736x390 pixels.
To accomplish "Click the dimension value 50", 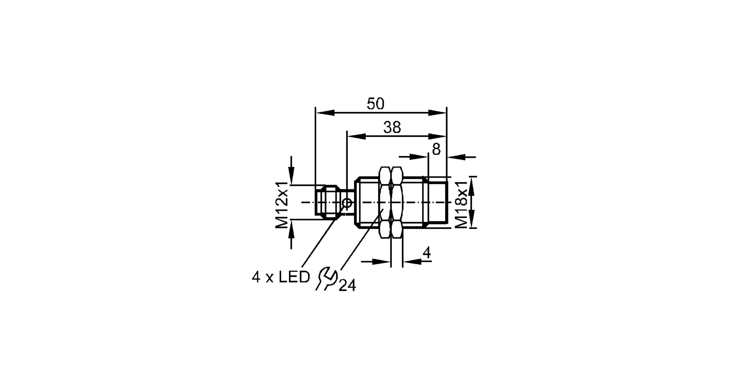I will (x=375, y=104).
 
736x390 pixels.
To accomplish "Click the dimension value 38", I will (x=392, y=128).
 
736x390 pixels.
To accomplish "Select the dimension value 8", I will (x=436, y=149).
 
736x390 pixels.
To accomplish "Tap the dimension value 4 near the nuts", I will (x=427, y=253).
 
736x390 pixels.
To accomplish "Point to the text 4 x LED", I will (x=281, y=277).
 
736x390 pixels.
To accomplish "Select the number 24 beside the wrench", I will (x=347, y=286).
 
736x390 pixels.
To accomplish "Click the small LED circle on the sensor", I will (x=347, y=202).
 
